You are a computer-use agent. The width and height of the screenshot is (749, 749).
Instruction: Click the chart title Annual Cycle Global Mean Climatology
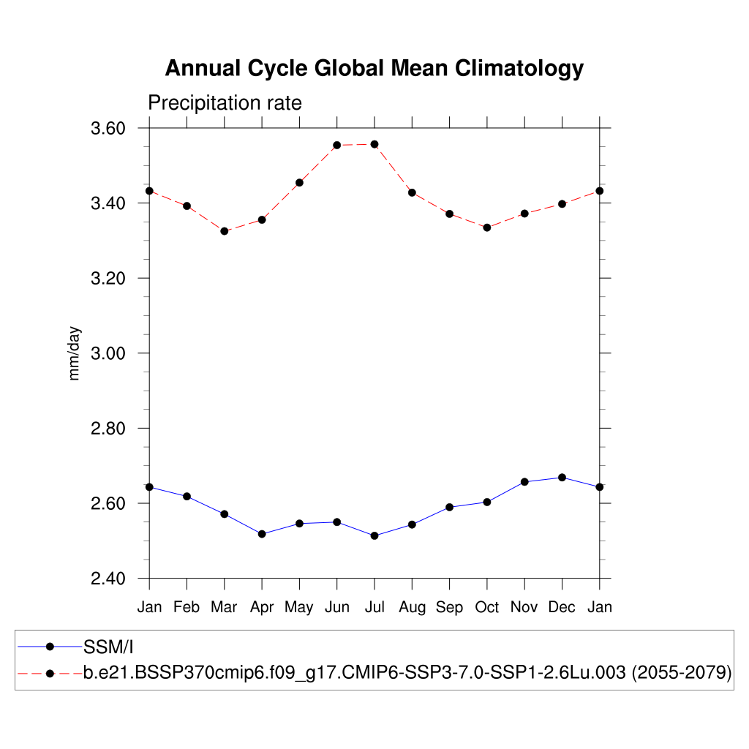(x=374, y=68)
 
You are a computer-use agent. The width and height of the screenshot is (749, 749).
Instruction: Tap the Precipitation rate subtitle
(x=225, y=103)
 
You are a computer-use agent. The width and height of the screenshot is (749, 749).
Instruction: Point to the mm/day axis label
(x=75, y=353)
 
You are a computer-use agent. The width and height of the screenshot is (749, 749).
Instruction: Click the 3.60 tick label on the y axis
(x=108, y=129)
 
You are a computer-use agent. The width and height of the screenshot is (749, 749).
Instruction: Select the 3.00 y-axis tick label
(x=108, y=353)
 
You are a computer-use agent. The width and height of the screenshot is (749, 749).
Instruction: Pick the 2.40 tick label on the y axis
(x=108, y=579)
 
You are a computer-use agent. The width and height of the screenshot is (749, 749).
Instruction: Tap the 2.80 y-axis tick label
(x=108, y=429)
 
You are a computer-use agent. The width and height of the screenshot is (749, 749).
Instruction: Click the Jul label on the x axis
(x=374, y=607)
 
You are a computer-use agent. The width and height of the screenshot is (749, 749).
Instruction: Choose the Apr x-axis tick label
(x=262, y=607)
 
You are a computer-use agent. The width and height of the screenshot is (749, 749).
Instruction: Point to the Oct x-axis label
(x=487, y=607)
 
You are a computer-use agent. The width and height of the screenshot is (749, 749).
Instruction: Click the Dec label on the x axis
(x=562, y=607)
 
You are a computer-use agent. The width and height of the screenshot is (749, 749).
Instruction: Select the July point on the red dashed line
(x=374, y=144)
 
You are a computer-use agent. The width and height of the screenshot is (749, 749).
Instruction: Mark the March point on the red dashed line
(x=225, y=231)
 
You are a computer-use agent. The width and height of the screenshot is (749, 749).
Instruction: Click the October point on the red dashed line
(x=487, y=227)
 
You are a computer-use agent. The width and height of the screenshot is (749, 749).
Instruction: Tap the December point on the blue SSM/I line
(x=562, y=478)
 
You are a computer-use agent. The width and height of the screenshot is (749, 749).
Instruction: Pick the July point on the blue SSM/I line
(x=374, y=536)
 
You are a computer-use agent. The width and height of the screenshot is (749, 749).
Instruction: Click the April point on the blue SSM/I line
(x=262, y=534)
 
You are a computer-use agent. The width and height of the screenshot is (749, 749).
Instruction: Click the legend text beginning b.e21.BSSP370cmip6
(x=354, y=673)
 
